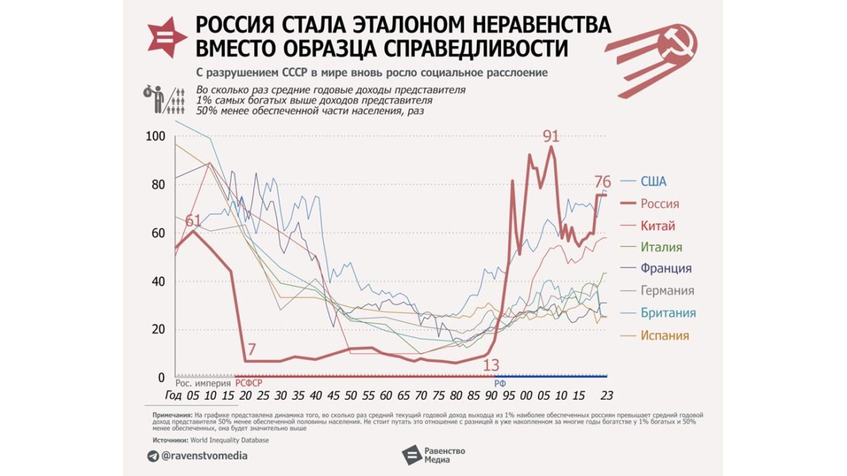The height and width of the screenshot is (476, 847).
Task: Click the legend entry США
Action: point(653,182)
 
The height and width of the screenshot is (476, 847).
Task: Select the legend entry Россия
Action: point(660,204)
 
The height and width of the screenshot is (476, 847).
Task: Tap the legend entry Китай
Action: point(657,226)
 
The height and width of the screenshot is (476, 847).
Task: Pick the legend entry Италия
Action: point(661,247)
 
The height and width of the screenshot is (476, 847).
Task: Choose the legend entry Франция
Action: point(665,268)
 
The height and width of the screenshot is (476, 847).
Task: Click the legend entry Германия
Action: point(667,291)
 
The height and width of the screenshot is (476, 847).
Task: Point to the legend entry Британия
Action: point(667,313)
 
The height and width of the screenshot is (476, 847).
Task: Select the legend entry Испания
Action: point(665,336)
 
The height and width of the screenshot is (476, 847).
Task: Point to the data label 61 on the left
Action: point(193,221)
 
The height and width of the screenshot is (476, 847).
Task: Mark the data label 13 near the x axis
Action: point(492,365)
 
